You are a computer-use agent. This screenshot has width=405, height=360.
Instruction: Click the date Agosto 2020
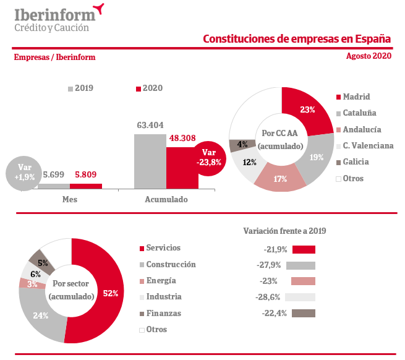[x=369, y=56]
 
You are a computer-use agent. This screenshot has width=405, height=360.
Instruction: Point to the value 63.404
[x=150, y=126]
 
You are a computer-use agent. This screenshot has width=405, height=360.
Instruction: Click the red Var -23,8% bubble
[x=209, y=158]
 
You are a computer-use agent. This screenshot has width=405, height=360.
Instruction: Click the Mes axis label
[x=69, y=200]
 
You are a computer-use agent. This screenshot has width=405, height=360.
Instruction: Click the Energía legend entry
[x=158, y=280]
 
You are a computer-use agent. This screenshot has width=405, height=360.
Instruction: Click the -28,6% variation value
[x=269, y=297]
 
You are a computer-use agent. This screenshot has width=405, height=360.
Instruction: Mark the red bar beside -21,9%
[x=304, y=249]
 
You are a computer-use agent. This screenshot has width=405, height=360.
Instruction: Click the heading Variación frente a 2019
[x=284, y=231]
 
